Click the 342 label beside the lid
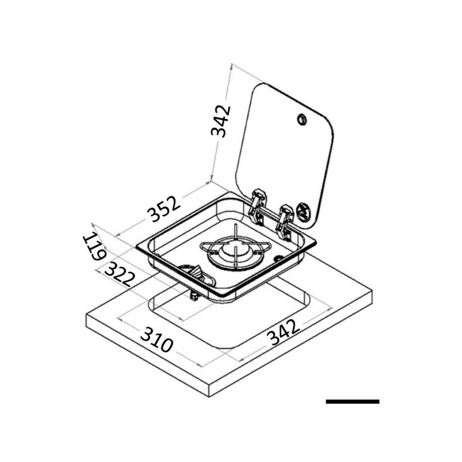221,121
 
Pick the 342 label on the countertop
284,333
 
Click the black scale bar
352,401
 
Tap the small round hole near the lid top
302,120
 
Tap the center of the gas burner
236,255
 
